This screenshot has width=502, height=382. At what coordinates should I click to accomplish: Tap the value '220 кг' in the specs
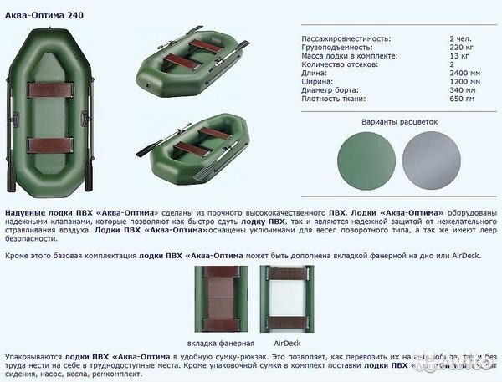[461, 48]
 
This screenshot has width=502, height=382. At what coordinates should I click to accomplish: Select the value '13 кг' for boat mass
[458, 56]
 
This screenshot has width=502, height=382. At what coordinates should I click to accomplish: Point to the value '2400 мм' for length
[464, 73]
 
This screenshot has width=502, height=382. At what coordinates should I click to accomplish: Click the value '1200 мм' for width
[464, 81]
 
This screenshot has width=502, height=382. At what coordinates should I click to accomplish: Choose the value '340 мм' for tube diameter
[463, 89]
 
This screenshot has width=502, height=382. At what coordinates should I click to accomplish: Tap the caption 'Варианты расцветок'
[399, 121]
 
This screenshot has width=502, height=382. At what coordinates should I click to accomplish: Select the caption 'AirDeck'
[286, 343]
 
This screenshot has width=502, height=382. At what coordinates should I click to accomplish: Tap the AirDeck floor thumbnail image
[286, 299]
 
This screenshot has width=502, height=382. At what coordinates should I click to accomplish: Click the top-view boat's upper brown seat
[50, 88]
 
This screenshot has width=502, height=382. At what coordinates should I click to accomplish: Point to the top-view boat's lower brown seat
[50, 145]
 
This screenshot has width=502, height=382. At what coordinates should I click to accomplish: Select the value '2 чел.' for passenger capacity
[459, 39]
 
